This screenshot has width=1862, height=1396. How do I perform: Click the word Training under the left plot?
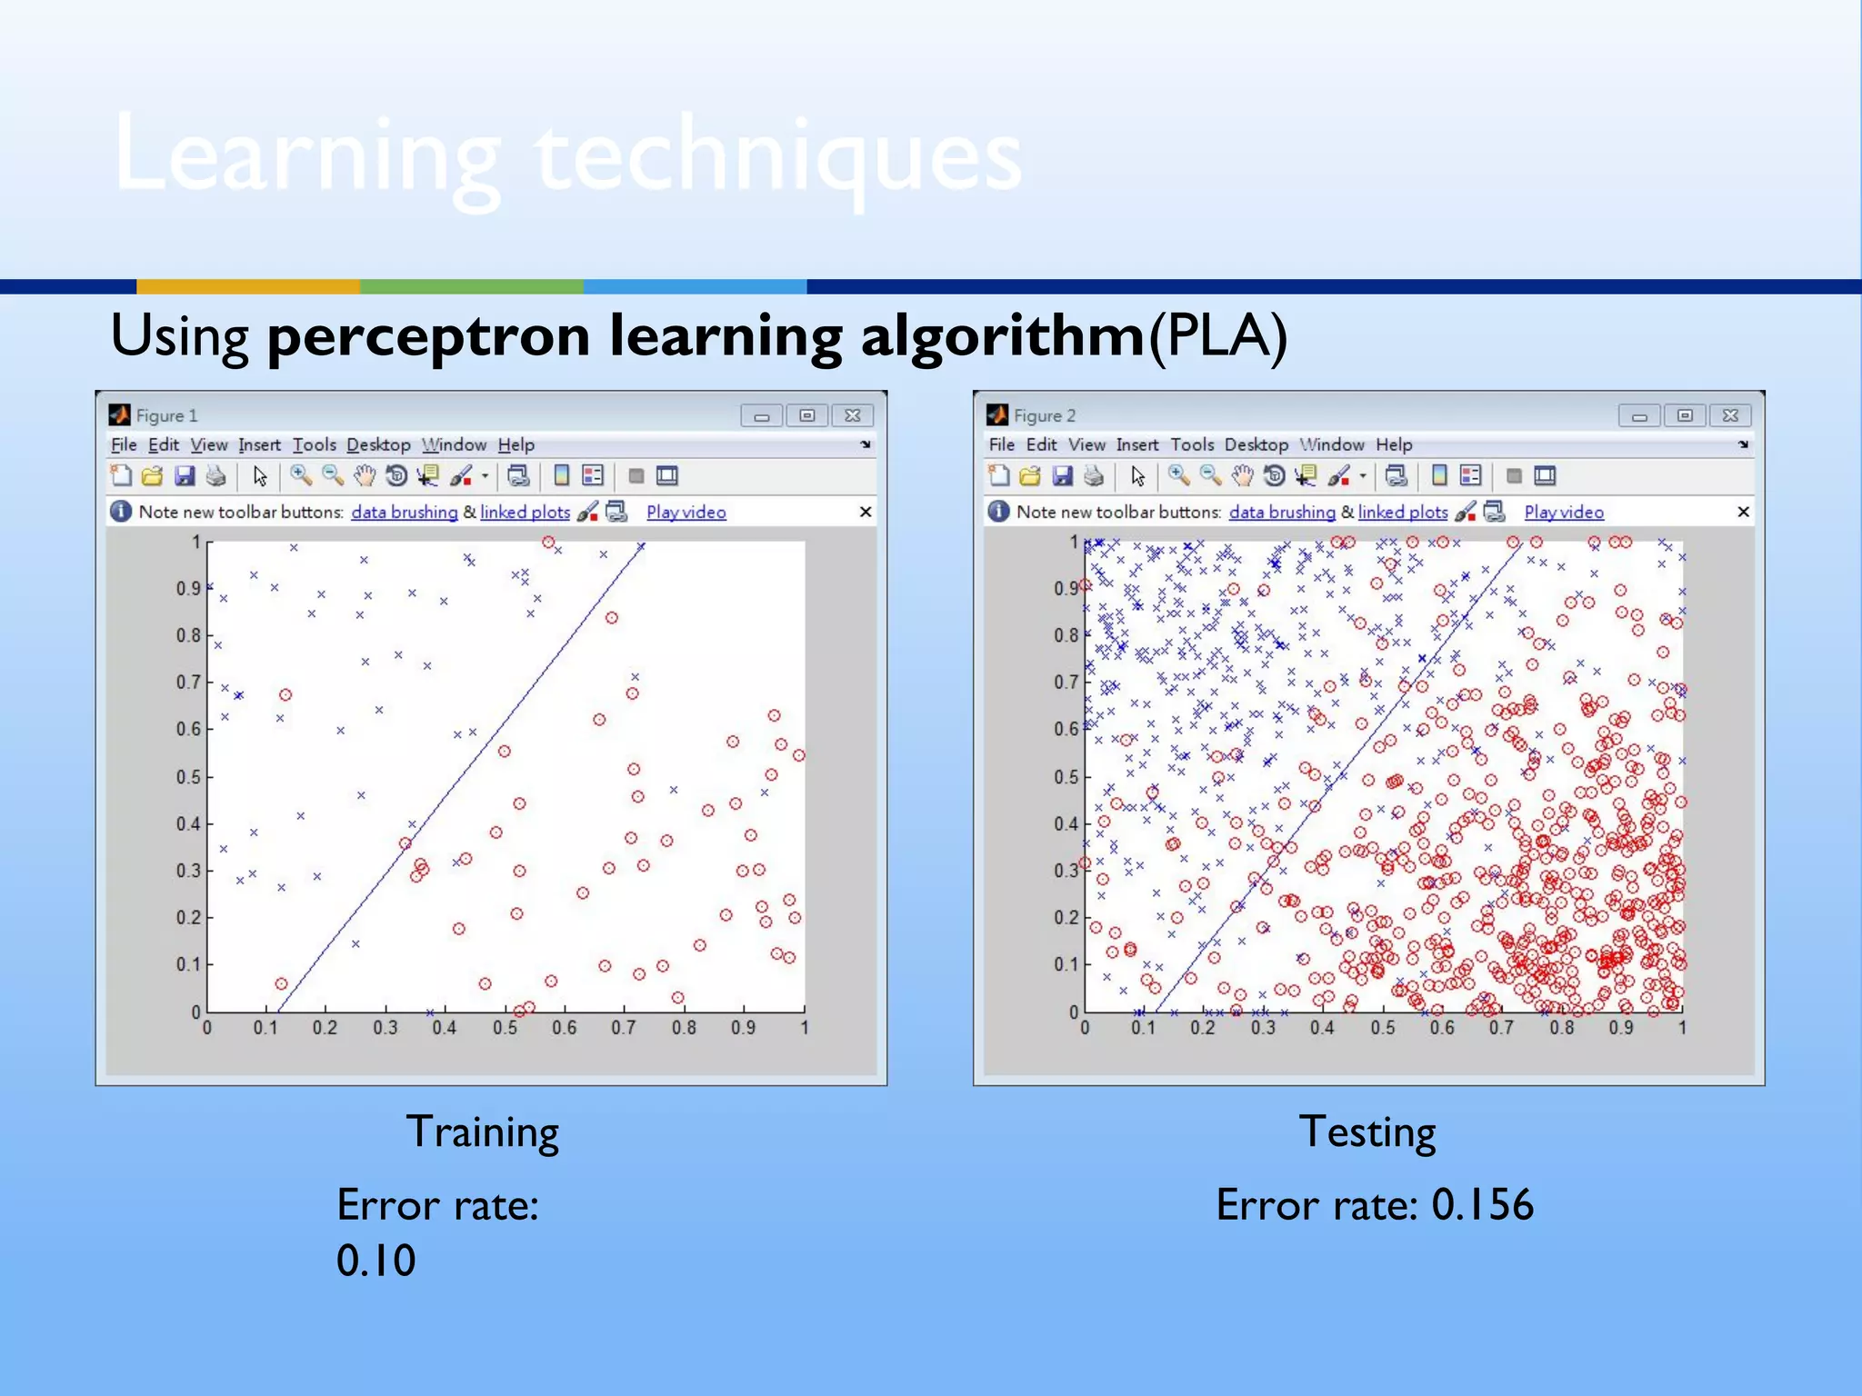[x=482, y=1132]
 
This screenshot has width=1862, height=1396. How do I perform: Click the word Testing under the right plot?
[x=1366, y=1132]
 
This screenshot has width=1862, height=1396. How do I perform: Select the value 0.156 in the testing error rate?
[x=1482, y=1205]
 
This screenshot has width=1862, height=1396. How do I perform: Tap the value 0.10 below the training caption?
[x=375, y=1261]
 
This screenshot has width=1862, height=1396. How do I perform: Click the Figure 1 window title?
[x=166, y=415]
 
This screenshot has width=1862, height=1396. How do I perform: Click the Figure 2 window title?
[x=1044, y=415]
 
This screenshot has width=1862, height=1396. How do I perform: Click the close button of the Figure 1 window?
[x=852, y=415]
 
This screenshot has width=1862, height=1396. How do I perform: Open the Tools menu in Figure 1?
[x=314, y=444]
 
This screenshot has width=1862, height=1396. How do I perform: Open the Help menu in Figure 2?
[x=1393, y=444]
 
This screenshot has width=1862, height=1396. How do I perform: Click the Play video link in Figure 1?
[x=686, y=512]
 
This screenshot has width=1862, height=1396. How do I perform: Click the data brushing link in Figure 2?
[x=1282, y=512]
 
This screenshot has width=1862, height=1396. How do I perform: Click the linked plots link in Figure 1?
[x=525, y=512]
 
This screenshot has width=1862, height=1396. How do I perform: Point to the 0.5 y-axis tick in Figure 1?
[x=188, y=777]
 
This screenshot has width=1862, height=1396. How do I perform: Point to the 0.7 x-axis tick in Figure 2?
[x=1501, y=1028]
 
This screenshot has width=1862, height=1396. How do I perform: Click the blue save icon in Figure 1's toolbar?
[x=185, y=475]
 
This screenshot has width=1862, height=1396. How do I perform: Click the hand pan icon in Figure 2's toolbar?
[x=1242, y=475]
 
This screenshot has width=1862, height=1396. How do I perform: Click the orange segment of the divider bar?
[x=247, y=286]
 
